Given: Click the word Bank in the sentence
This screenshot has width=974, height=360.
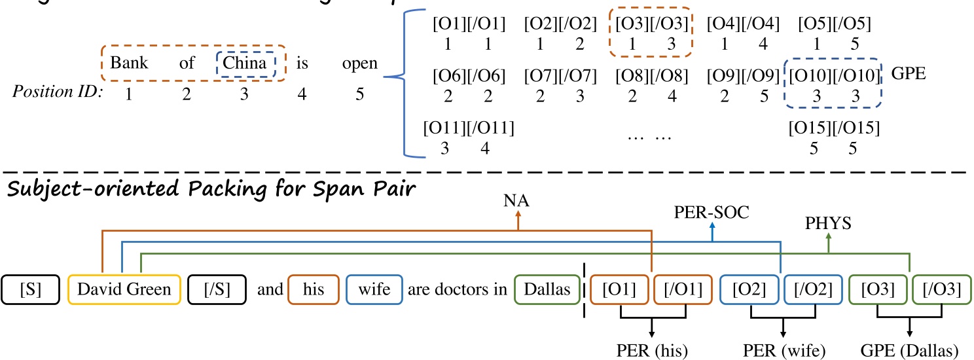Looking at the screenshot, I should click(x=130, y=63).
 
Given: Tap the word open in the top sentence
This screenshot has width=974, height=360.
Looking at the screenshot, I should click(x=359, y=63).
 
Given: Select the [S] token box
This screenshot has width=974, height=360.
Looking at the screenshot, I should click(x=31, y=289).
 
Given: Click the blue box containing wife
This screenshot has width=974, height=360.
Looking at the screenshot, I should click(x=374, y=289).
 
